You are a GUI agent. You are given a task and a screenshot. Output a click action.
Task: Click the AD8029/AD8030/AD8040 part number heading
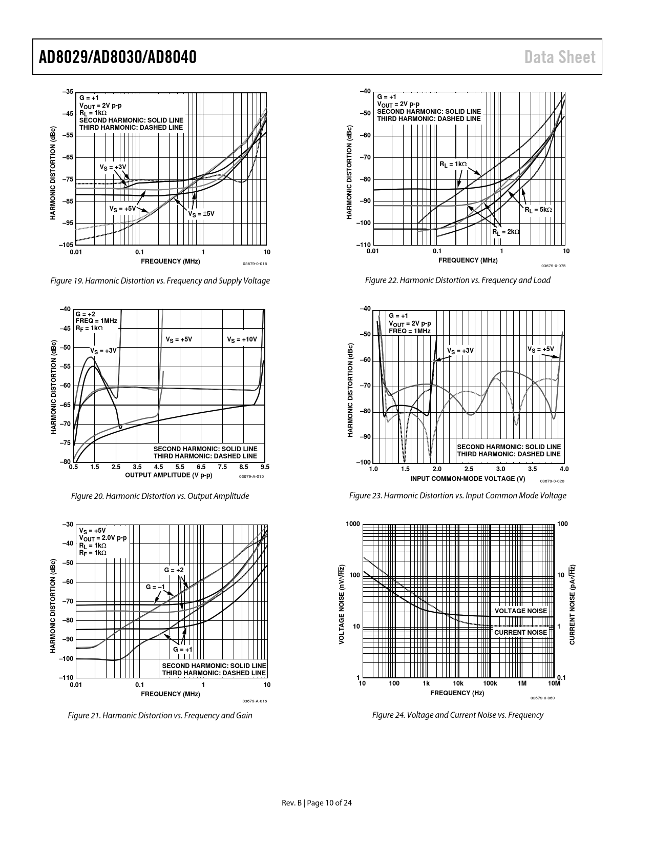pyautogui.click(x=118, y=57)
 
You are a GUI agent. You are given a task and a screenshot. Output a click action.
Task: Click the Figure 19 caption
pyautogui.click(x=160, y=280)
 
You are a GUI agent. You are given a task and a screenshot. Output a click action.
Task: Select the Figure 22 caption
pyautogui.click(x=457, y=280)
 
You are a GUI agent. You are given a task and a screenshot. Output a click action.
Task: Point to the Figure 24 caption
pyautogui.click(x=457, y=715)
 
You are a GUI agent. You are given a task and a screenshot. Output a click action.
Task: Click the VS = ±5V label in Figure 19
pyautogui.click(x=201, y=213)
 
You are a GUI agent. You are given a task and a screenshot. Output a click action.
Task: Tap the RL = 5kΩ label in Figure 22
pyautogui.click(x=538, y=210)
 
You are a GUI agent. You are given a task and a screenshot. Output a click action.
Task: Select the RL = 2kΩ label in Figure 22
pyautogui.click(x=506, y=232)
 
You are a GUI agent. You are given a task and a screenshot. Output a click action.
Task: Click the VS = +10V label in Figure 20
pyautogui.click(x=242, y=339)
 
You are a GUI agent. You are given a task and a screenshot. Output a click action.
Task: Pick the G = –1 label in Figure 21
pyautogui.click(x=155, y=587)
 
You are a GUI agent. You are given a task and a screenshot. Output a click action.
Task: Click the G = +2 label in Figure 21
pyautogui.click(x=174, y=570)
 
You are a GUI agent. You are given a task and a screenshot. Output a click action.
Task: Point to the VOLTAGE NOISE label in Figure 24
pyautogui.click(x=520, y=611)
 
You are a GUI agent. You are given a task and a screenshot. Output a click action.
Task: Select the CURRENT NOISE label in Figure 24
pyautogui.click(x=520, y=632)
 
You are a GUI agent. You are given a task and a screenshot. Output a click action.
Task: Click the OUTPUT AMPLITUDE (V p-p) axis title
pyautogui.click(x=168, y=475)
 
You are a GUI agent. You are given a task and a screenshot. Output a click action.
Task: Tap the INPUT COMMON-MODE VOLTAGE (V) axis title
pyautogui.click(x=468, y=478)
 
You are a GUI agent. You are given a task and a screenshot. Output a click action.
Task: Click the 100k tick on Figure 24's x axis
pyautogui.click(x=490, y=683)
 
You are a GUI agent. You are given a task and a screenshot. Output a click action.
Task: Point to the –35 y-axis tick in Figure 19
pyautogui.click(x=68, y=92)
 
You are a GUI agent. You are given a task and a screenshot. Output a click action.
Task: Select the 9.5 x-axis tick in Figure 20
pyautogui.click(x=265, y=467)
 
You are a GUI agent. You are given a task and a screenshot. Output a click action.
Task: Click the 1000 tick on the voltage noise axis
pyautogui.click(x=353, y=524)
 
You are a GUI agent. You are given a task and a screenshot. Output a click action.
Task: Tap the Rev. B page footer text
pyautogui.click(x=317, y=802)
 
